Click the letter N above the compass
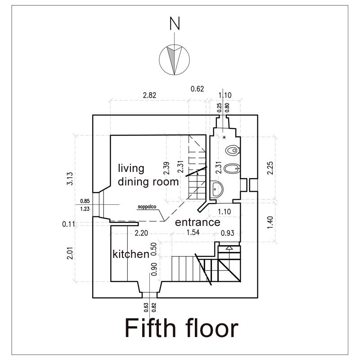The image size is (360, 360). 175,23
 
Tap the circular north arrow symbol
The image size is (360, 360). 174,59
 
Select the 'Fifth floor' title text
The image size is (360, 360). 182,328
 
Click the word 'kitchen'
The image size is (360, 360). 131,254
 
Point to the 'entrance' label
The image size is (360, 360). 198,222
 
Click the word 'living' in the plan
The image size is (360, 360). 131,168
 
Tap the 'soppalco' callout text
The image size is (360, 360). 147,207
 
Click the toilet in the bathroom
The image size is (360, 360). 232,151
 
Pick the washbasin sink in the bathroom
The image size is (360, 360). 216,189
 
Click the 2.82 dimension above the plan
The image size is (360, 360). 149,95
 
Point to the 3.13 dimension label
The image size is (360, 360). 70,179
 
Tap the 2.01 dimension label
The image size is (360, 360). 70,253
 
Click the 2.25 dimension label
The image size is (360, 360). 270,168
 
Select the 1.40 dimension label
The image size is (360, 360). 270,222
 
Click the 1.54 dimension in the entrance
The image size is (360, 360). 193,232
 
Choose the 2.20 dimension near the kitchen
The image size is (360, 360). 141,233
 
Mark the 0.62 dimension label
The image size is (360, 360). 197,89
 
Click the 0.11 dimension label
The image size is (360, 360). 68,224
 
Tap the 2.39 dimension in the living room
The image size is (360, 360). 167,168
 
